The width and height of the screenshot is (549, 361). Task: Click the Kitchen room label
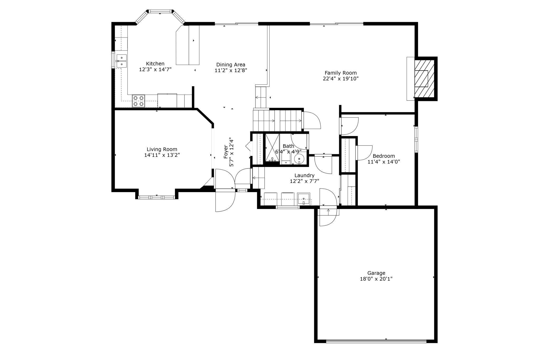155,64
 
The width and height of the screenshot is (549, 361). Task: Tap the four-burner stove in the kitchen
139,101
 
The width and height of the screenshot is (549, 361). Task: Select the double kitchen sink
121,61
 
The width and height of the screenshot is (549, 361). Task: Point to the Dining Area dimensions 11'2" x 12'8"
231,70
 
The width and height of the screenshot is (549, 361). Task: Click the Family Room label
340,73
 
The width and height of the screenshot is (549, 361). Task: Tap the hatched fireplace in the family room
424,78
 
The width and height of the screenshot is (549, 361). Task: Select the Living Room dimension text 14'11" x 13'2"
162,155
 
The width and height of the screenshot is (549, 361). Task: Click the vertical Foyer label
226,152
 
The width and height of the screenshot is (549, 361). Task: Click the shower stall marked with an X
272,148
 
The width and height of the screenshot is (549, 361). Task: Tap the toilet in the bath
286,159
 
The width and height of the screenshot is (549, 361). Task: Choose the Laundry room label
304,175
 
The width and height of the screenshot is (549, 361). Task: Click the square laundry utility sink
304,199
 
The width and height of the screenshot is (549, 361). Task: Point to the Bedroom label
384,156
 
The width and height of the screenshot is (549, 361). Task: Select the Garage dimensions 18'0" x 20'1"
376,279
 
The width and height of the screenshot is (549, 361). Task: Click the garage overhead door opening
376,341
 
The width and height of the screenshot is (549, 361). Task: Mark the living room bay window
157,197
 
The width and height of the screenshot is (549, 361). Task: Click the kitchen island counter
188,45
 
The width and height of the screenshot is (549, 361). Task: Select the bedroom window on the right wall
416,139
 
